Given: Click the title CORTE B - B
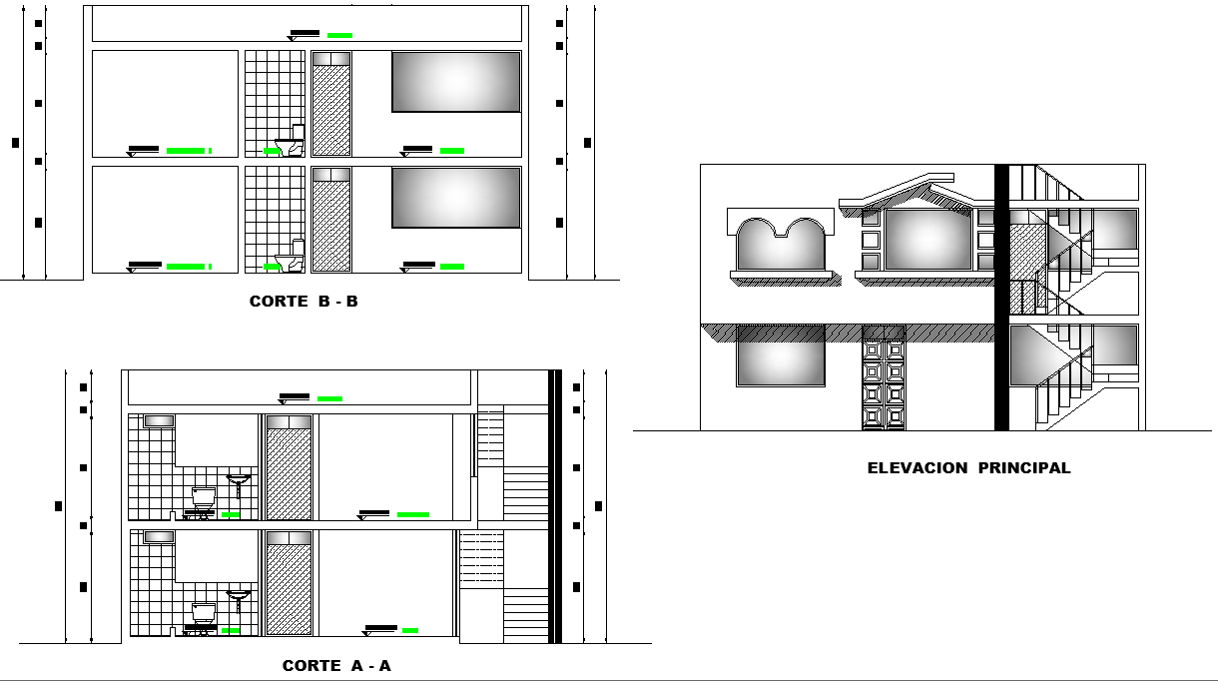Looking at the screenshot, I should pos(304,302).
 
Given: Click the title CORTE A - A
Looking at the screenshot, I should pos(336,666).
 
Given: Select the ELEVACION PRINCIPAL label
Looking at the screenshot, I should pos(968,468).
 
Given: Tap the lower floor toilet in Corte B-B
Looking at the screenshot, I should pos(292,258).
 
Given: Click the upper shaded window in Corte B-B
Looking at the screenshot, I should pos(456,82).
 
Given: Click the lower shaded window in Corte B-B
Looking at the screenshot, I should pos(456,198).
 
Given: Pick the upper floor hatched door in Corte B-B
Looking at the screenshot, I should pos(331,104).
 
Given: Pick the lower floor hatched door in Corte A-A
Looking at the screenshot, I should pos(290,583).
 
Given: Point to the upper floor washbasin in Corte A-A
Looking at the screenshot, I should pos(238,481).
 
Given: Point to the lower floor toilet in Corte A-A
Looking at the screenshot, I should pos(204,613).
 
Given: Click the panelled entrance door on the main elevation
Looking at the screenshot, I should pos(883,384).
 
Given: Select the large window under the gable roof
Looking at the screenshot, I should pos(928,240).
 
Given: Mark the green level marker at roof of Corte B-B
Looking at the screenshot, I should pos(339,35).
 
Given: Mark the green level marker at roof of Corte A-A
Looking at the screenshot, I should pos(329,398).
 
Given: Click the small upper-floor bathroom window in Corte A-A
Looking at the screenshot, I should pos(159,421).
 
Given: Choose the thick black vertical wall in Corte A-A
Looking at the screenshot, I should pos(555,506).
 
